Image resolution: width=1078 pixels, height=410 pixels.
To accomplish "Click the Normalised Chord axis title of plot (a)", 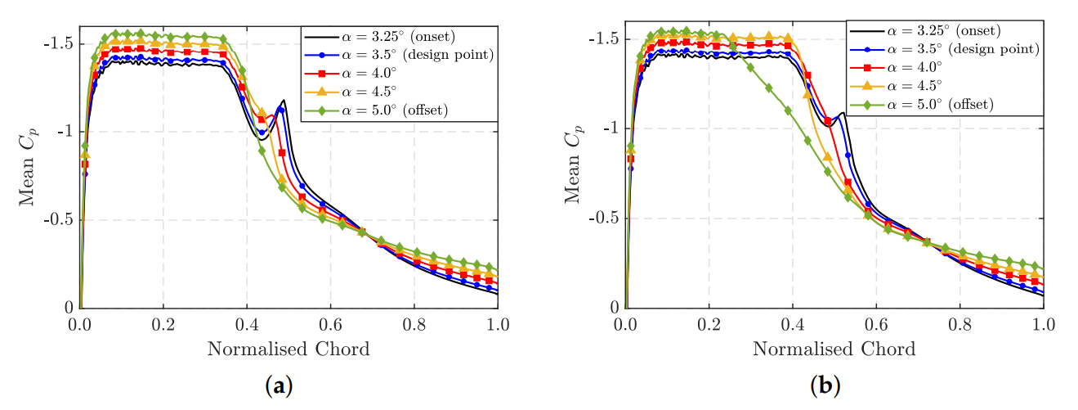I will point(289,349).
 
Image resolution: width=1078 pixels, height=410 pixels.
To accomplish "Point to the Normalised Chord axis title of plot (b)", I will point(834,349).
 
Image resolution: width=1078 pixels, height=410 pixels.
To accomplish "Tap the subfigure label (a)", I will point(280,385).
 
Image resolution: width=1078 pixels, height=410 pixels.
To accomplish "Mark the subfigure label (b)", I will point(825,385).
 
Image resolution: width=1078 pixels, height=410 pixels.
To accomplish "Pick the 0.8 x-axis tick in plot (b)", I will point(959,325).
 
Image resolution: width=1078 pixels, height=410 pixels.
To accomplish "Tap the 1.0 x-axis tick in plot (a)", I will point(497,325).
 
